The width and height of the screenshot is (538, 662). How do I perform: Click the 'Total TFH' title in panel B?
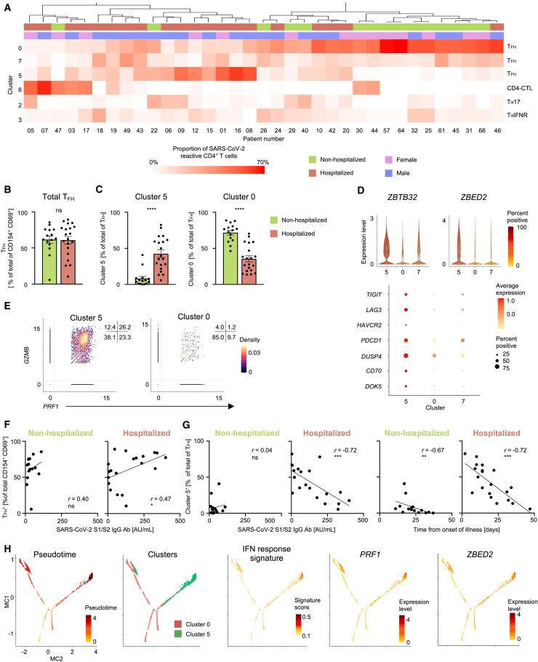[47, 199]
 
